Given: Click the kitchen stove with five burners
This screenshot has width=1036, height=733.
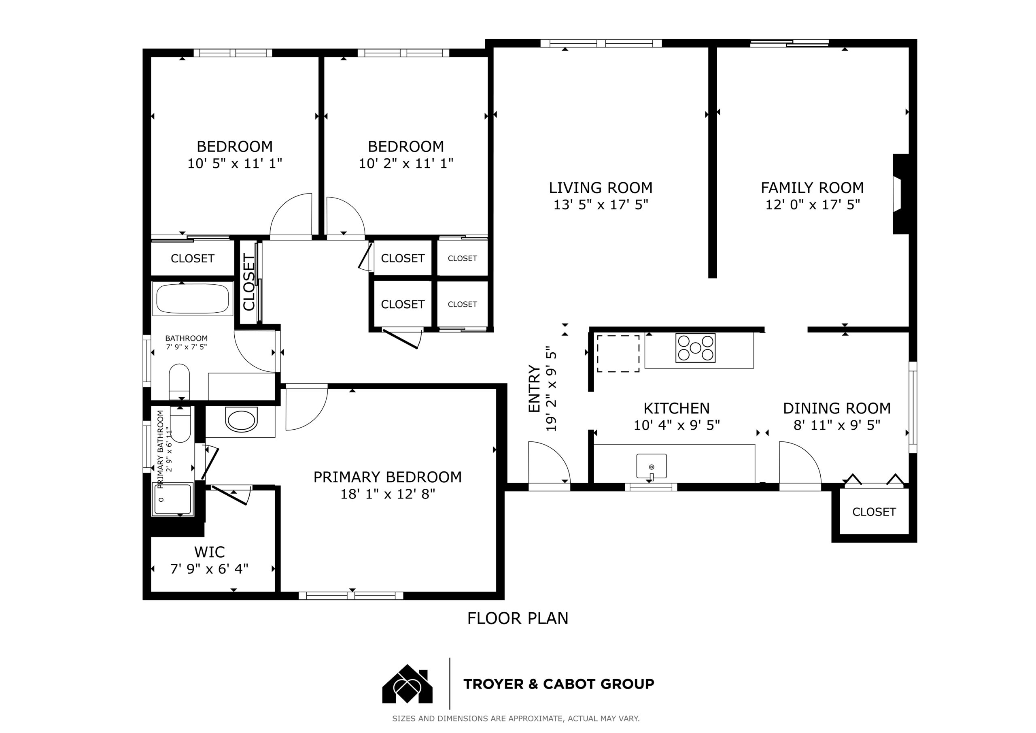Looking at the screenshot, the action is tap(695, 348).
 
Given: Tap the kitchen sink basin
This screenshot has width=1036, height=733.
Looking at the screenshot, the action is tap(651, 466).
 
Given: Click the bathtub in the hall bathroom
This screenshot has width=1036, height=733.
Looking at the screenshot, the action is tap(192, 298).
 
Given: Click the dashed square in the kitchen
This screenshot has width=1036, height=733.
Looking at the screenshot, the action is tap(618, 354).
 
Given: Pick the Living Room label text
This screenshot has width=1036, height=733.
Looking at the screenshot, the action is tap(601, 188).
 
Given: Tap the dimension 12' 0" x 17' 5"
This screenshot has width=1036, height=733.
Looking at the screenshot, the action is tap(813, 205).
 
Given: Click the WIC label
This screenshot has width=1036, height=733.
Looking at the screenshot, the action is tap(209, 552).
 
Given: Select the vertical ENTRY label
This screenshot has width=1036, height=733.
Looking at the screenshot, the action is tap(534, 388).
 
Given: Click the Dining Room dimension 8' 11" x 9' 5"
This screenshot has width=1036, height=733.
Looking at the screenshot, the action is tap(837, 425).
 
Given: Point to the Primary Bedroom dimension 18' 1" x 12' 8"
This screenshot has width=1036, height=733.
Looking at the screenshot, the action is tap(388, 494).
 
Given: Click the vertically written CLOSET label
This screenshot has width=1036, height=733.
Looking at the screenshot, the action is tap(249, 282).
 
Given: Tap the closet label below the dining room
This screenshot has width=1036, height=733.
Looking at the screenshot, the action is tap(874, 512).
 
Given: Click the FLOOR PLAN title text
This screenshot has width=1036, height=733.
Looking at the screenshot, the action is tap(518, 618).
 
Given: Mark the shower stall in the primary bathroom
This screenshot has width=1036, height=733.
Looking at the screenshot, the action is tap(174, 499).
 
